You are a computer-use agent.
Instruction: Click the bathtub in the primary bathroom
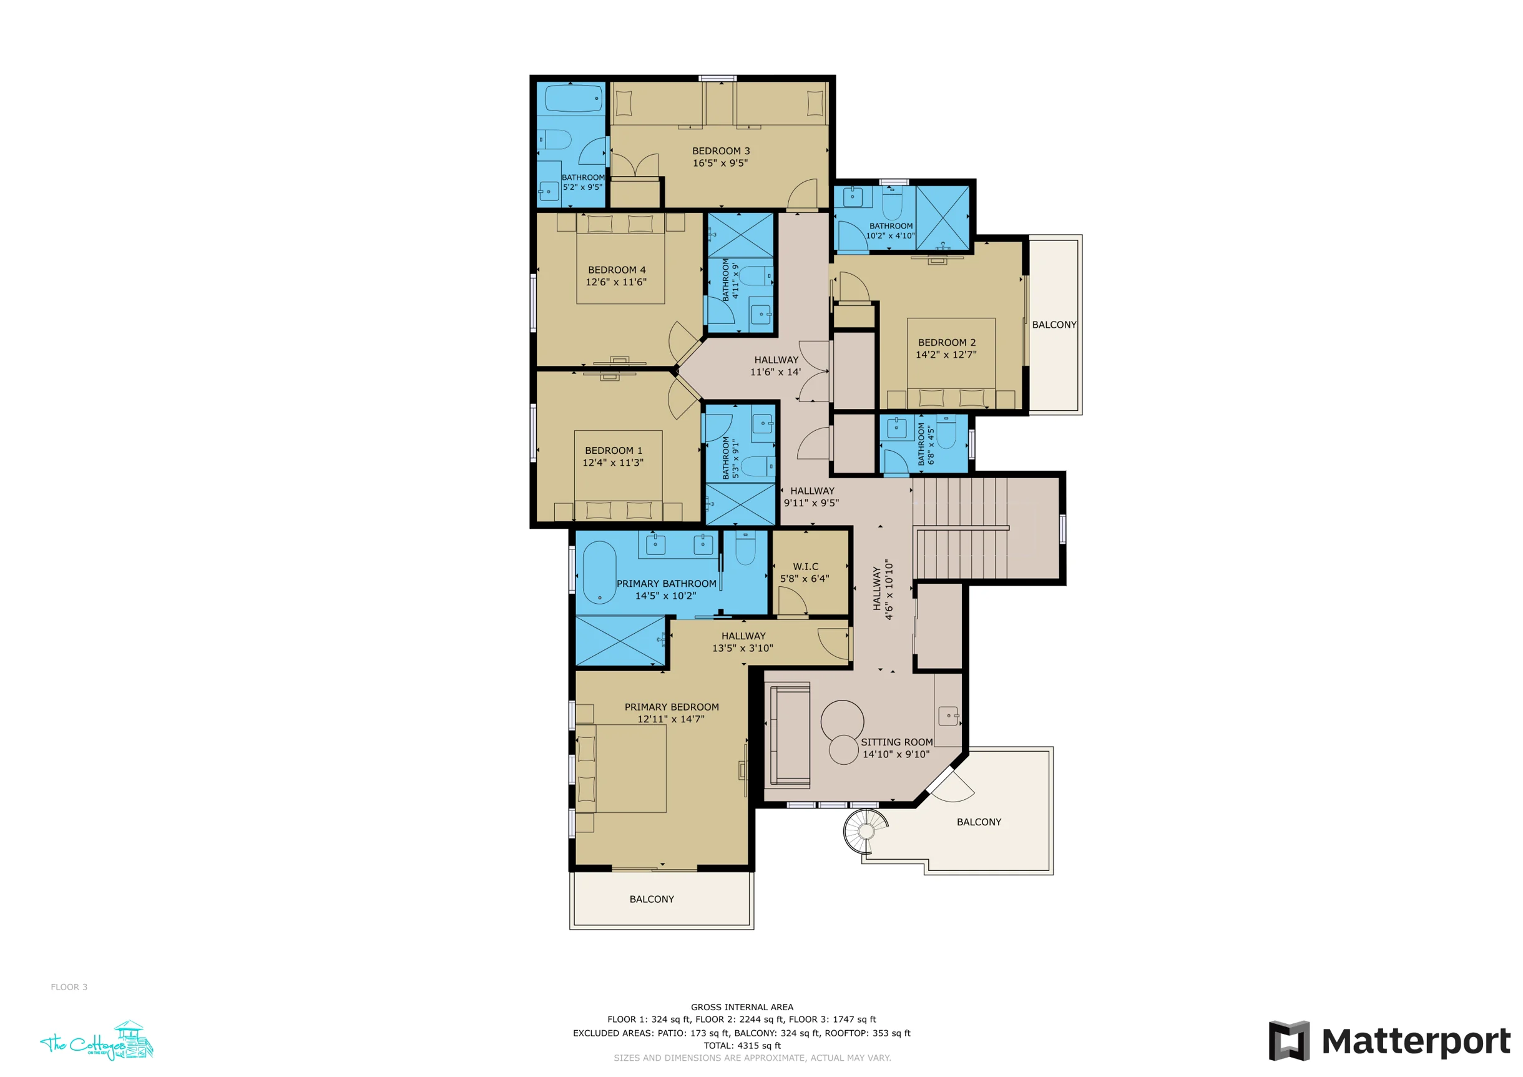point(600,573)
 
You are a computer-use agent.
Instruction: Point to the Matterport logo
point(1389,1041)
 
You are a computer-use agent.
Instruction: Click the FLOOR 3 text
point(69,986)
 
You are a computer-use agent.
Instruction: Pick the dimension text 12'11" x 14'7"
point(671,719)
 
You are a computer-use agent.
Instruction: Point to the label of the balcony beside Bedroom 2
point(1054,325)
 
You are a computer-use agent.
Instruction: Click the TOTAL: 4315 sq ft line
point(742,1045)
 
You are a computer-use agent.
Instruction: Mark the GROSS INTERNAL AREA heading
point(742,1006)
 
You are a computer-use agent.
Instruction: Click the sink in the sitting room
point(949,716)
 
